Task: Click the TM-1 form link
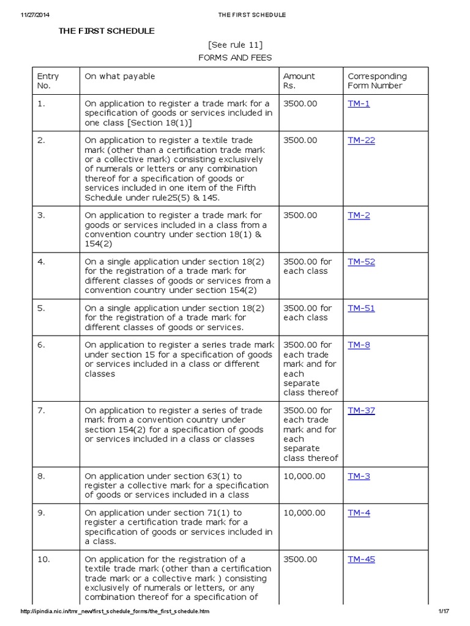pos(359,104)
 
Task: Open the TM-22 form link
pos(361,141)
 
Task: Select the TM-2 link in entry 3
pos(359,216)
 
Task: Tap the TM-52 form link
pos(361,262)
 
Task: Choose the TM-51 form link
pos(361,309)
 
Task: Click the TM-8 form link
pos(359,345)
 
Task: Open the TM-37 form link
pos(361,411)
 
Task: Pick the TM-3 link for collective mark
pos(359,476)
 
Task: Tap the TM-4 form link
pos(359,513)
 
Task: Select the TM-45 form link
pos(361,559)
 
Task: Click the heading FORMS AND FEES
pos(235,58)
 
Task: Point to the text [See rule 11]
pos(236,45)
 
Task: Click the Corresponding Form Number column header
pos(377,81)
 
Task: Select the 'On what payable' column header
pos(120,76)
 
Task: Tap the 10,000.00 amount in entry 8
pos(304,476)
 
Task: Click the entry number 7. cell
pos(41,411)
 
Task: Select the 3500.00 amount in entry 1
pos(300,104)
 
